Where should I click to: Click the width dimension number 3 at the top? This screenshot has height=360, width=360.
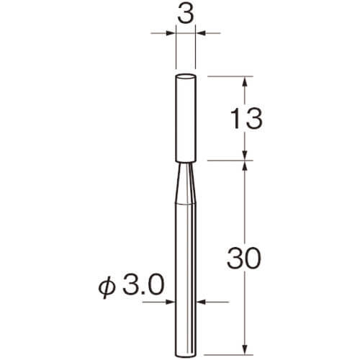pyautogui.click(x=186, y=14)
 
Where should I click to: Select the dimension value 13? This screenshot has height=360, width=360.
pyautogui.click(x=246, y=118)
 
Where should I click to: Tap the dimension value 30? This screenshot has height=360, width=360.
pyautogui.click(x=244, y=258)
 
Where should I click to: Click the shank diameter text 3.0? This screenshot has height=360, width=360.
pyautogui.click(x=143, y=284)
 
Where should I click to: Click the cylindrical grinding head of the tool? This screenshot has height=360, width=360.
pyautogui.click(x=186, y=118)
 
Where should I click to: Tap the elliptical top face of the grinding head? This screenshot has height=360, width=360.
pyautogui.click(x=186, y=76)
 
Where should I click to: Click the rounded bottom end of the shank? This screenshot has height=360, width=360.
pyautogui.click(x=186, y=356)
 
